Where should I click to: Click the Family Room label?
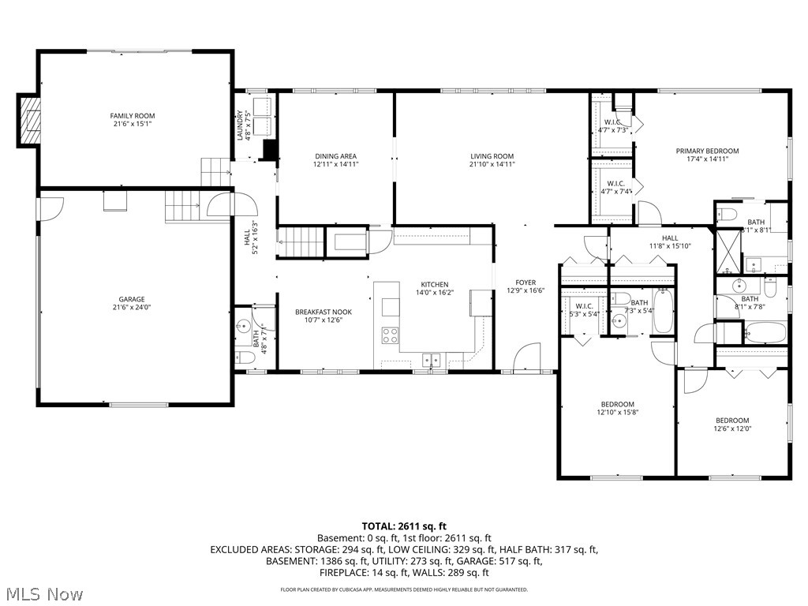point(132,116)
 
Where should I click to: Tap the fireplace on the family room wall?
point(31,120)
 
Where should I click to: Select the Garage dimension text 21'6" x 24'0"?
point(132,309)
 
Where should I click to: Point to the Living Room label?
point(492,156)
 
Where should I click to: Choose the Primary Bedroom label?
point(707,151)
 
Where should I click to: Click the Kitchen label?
point(434,285)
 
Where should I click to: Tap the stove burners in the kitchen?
point(390,335)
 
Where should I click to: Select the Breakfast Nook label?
point(324,312)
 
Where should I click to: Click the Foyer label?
point(526,282)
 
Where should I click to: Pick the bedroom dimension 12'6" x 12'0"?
point(732,429)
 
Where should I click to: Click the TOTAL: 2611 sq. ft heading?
point(404,526)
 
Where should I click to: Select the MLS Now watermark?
point(44,593)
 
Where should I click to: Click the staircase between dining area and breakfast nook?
point(301,241)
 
